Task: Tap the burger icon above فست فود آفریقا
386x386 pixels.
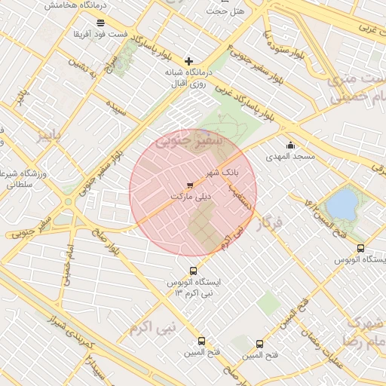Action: tap(100, 23)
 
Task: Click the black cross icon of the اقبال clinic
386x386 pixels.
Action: tap(188, 60)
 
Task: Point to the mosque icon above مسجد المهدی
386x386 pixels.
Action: tap(290, 145)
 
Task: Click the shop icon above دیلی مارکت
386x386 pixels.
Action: tap(189, 183)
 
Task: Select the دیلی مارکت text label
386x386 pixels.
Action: tap(190, 195)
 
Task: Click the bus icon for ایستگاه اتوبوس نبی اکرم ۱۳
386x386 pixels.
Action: tap(193, 271)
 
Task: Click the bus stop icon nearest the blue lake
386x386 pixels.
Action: tap(360, 247)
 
